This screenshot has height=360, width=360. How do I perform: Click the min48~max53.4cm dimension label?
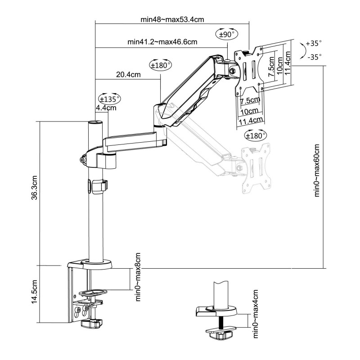coord(172,19)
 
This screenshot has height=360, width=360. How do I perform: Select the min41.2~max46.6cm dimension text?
coord(162,42)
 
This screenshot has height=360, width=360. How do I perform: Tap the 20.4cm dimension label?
coord(128,75)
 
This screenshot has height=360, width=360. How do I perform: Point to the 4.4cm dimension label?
coord(106,108)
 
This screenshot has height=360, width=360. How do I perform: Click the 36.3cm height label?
coord(34,188)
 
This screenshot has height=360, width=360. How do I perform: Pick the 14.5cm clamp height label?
coord(34,292)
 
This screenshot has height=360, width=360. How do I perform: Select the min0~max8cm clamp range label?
coord(138,277)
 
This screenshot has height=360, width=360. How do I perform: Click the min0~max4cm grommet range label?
coord(255,314)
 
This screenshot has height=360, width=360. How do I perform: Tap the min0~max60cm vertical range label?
coord(317,171)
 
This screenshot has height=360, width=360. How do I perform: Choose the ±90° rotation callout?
coord(227,34)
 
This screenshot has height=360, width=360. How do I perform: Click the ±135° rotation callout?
coord(109,99)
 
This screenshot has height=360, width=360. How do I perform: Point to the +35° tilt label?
coord(314,43)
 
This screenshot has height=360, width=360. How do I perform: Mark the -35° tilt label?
coord(314,57)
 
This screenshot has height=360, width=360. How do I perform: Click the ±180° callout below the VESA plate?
coord(256,135)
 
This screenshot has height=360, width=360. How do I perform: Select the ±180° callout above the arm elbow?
coord(161,65)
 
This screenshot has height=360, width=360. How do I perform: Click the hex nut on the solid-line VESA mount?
coord(232,71)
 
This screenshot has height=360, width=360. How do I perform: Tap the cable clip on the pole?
coord(100,186)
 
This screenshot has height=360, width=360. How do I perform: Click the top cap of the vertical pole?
coord(95,122)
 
